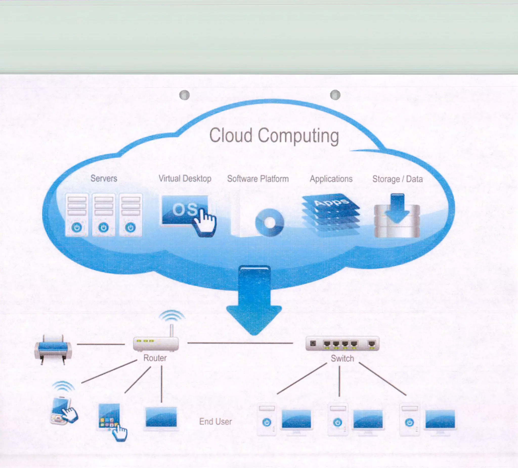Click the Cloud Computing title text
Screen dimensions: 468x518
point(274,136)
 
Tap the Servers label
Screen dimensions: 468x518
point(104,178)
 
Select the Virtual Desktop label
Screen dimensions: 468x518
point(185,178)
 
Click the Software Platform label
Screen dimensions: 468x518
point(258,179)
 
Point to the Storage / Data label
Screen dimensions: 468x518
point(397,179)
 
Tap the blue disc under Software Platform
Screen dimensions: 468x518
point(269,222)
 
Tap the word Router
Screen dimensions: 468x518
point(155,358)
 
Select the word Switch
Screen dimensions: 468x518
point(342,358)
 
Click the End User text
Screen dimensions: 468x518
point(215,421)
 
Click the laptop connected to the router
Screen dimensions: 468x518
point(161,418)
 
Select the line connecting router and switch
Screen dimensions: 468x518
point(240,343)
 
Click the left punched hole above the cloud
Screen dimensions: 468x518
point(184,95)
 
